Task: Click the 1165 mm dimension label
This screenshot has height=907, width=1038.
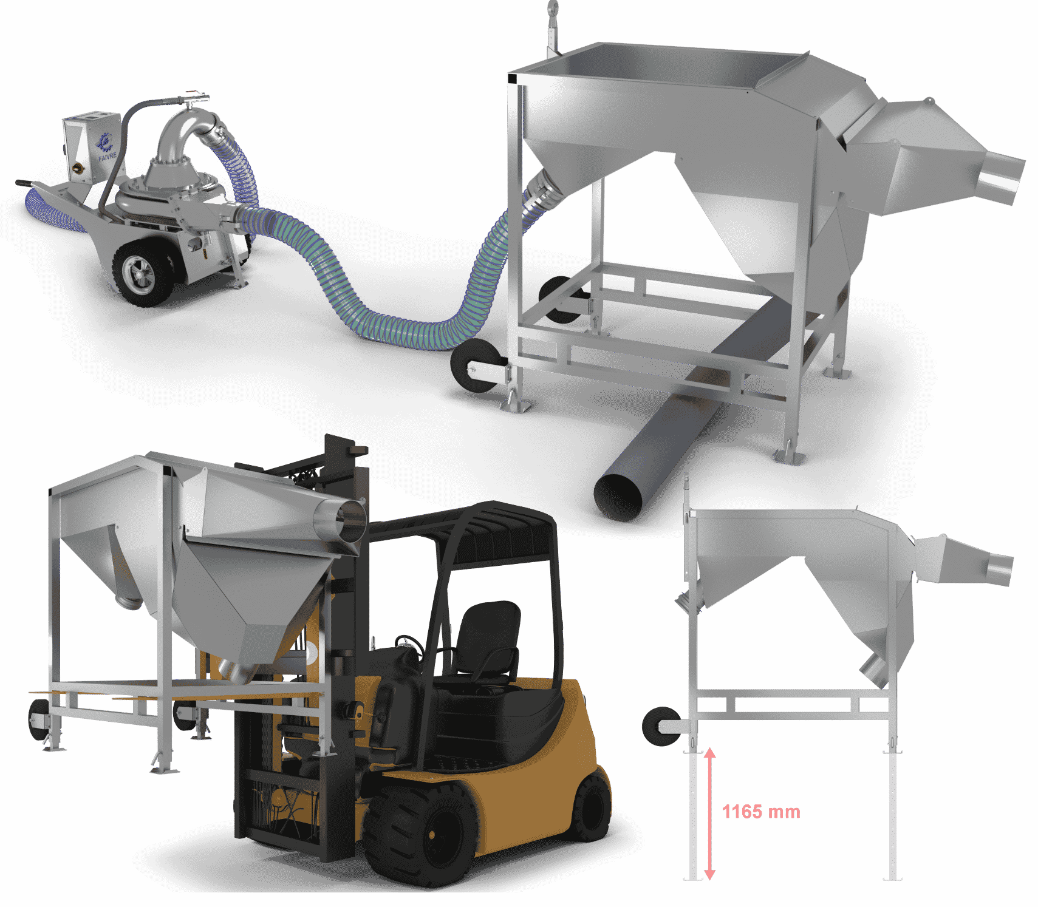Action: tap(761, 812)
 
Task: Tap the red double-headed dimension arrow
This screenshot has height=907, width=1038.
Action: tap(709, 814)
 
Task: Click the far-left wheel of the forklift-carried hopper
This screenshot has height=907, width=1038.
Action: tap(39, 720)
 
